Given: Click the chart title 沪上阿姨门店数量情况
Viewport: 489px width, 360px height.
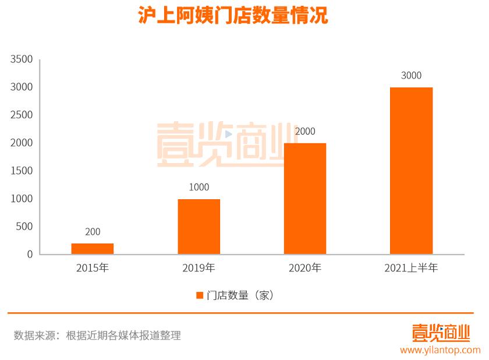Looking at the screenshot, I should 233,16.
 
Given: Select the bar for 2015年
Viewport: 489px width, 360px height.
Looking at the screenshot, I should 93,249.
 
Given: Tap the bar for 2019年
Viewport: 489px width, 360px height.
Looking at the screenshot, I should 199,227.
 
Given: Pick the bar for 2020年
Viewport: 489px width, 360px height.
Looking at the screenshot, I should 305,199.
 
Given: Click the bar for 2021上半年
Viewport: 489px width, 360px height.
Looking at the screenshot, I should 411,171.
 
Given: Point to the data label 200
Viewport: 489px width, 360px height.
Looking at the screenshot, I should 93,232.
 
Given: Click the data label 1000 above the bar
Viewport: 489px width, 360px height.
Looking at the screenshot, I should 199,187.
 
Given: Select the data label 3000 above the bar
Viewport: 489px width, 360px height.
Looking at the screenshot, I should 411,75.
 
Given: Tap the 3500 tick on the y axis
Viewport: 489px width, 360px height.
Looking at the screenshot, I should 22,59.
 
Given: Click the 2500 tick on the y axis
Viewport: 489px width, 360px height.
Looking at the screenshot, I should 22,115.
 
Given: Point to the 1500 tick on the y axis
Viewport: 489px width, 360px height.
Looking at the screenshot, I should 22,171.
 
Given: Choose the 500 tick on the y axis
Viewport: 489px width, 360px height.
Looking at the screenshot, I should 24,227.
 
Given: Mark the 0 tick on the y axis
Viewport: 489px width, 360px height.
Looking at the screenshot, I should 29,255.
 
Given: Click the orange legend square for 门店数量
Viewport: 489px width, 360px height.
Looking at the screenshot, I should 200,295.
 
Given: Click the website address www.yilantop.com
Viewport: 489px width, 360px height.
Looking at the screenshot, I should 440,350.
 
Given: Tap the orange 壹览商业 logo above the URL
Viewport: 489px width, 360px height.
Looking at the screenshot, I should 440,333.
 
